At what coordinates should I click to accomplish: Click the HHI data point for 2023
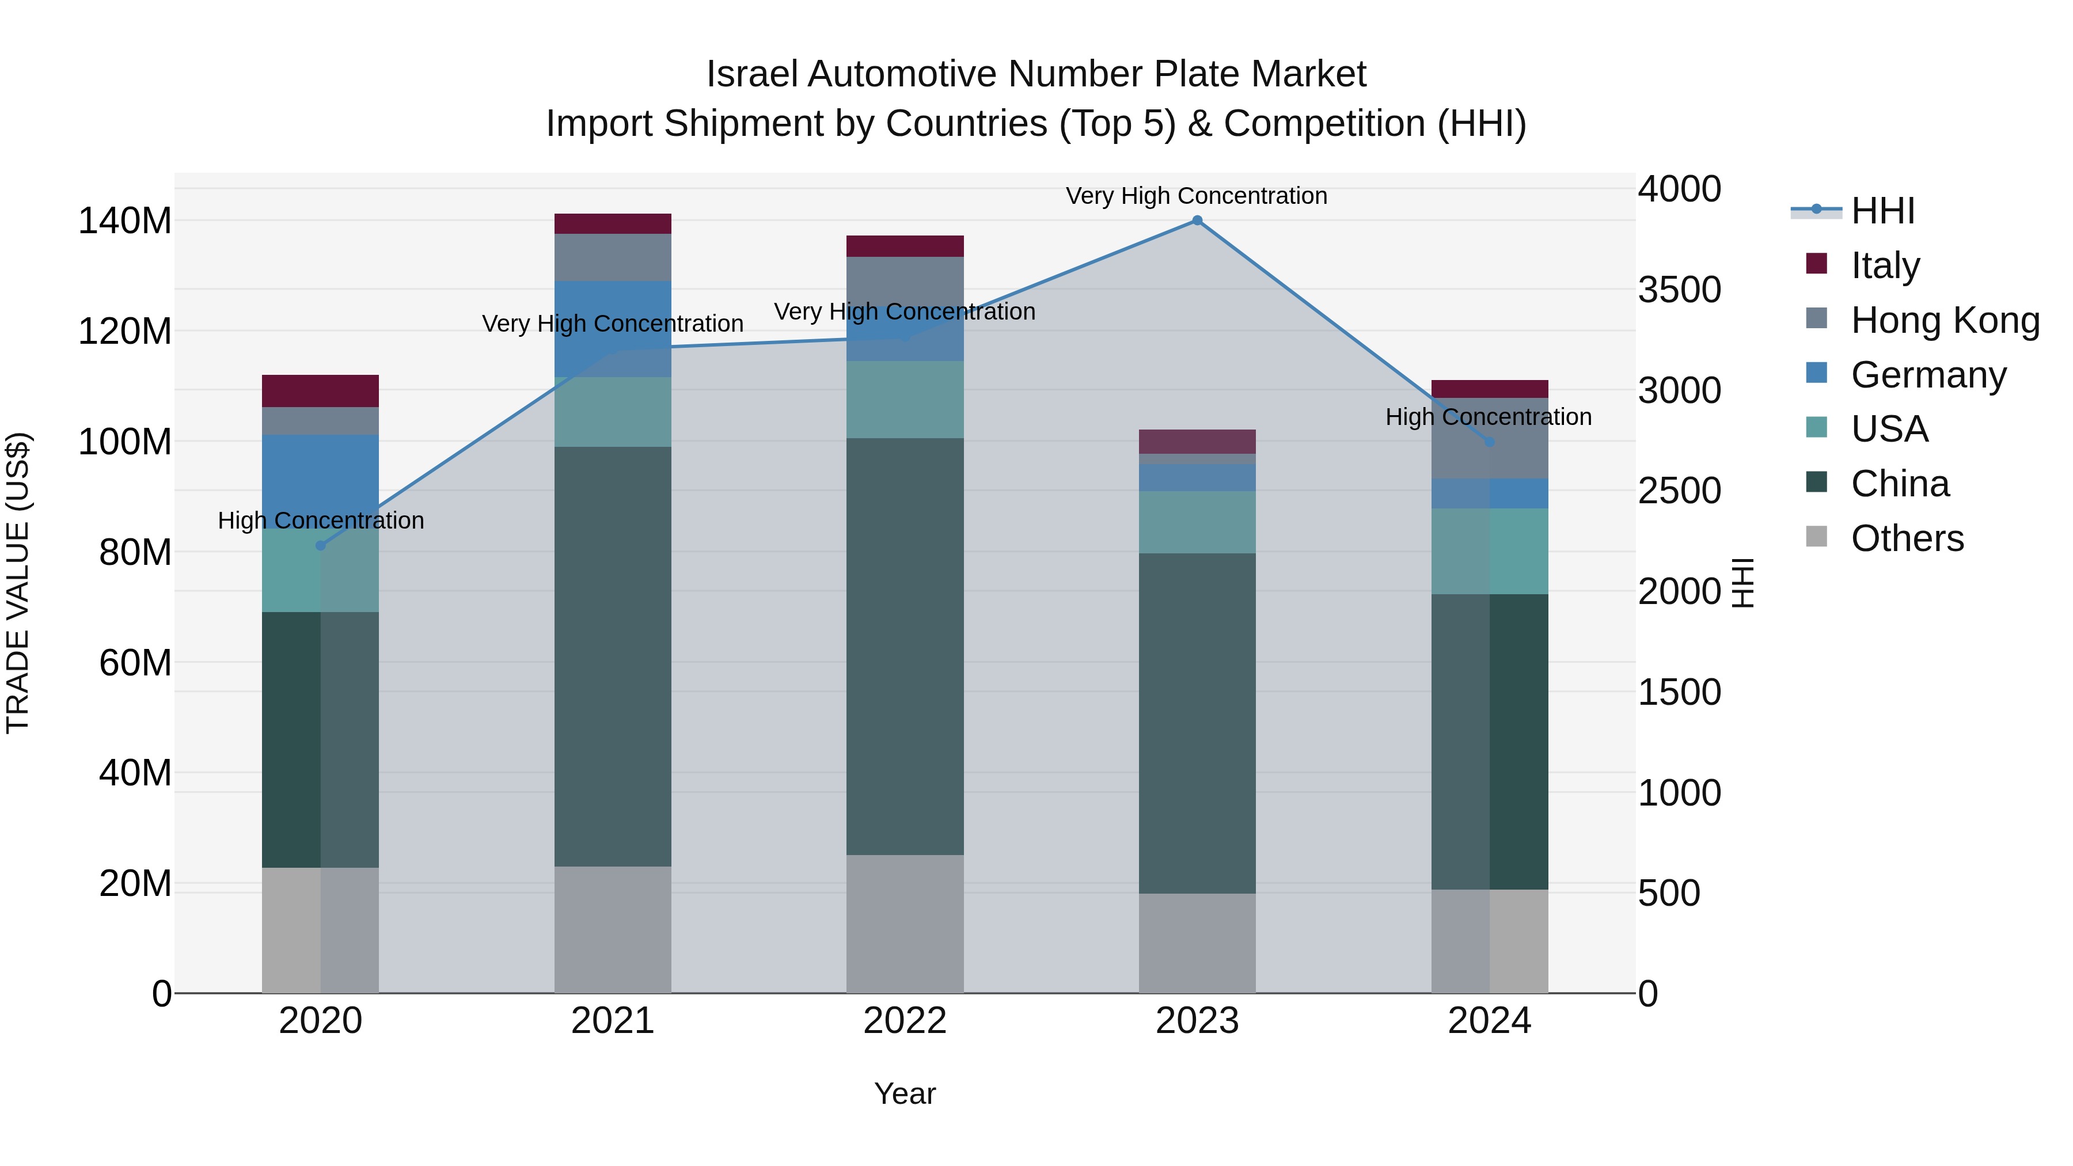tap(1197, 221)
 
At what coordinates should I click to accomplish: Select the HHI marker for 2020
tap(320, 546)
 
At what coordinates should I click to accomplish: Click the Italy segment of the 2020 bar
tap(320, 391)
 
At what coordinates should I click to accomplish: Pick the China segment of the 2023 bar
tap(1197, 723)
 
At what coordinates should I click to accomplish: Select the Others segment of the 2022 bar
tap(905, 924)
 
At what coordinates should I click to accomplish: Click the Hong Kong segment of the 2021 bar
tap(613, 257)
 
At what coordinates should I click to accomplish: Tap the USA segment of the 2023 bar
tap(1197, 522)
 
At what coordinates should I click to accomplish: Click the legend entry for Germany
tap(1927, 375)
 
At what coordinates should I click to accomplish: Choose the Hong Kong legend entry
tap(1943, 320)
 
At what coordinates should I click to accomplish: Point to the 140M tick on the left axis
tap(125, 221)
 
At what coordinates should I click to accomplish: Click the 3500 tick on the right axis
tap(1680, 290)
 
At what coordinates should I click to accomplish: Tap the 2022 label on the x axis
tap(905, 1021)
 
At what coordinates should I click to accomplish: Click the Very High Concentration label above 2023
tap(1196, 196)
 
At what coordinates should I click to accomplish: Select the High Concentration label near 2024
tap(1488, 417)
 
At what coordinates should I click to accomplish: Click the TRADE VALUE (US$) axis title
tap(18, 583)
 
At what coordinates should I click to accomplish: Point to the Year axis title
tap(905, 1093)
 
